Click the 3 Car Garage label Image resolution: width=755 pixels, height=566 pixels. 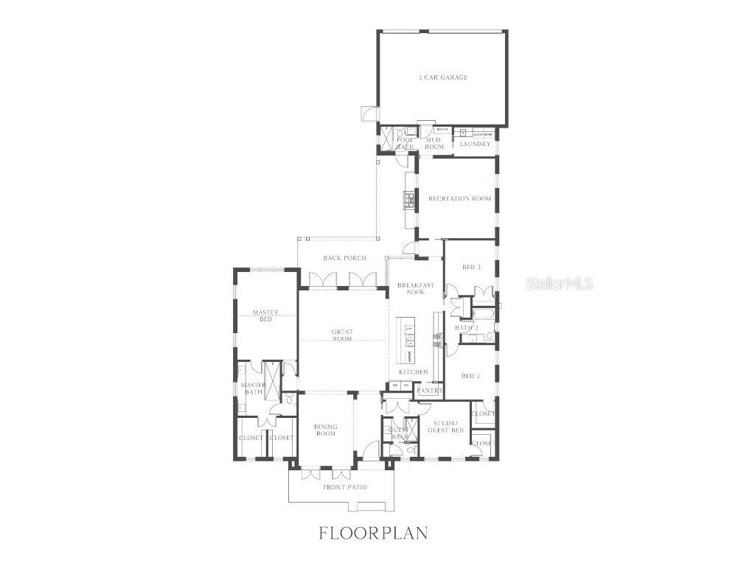coord(442,77)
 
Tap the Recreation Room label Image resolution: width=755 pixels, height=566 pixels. coord(459,199)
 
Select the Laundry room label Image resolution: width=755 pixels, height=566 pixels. coord(474,144)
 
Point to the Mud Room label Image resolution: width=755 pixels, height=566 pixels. coord(434,143)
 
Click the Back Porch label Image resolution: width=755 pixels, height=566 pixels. coord(344,258)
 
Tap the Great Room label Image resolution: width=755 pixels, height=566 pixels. coord(342,336)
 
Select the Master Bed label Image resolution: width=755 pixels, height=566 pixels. coord(265,315)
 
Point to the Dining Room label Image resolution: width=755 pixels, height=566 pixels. coord(325,430)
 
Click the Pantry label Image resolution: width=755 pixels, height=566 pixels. coord(430,391)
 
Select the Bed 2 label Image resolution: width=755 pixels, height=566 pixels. coord(470,376)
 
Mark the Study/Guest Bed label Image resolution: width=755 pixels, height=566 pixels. coord(448,426)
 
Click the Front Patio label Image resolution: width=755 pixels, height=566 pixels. coord(345,487)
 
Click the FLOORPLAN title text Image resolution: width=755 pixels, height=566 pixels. coord(373,533)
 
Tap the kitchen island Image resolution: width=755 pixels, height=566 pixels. coord(406,340)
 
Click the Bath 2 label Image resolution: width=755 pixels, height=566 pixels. coord(467,327)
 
